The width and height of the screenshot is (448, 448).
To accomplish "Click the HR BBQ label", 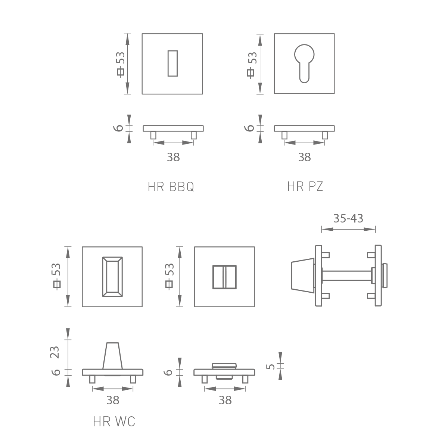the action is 171,187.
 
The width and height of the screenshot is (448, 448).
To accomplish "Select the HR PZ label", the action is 305,186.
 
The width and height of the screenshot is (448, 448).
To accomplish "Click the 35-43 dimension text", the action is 348,218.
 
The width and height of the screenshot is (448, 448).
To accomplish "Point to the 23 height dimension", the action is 55,352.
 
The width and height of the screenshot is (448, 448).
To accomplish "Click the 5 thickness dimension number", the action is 270,367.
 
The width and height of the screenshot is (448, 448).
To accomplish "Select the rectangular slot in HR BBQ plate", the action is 172,63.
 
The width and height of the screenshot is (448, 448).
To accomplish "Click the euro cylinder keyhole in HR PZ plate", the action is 304,63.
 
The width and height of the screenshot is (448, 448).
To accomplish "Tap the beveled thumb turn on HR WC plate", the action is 112,277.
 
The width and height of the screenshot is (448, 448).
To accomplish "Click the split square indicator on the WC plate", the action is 224,277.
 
